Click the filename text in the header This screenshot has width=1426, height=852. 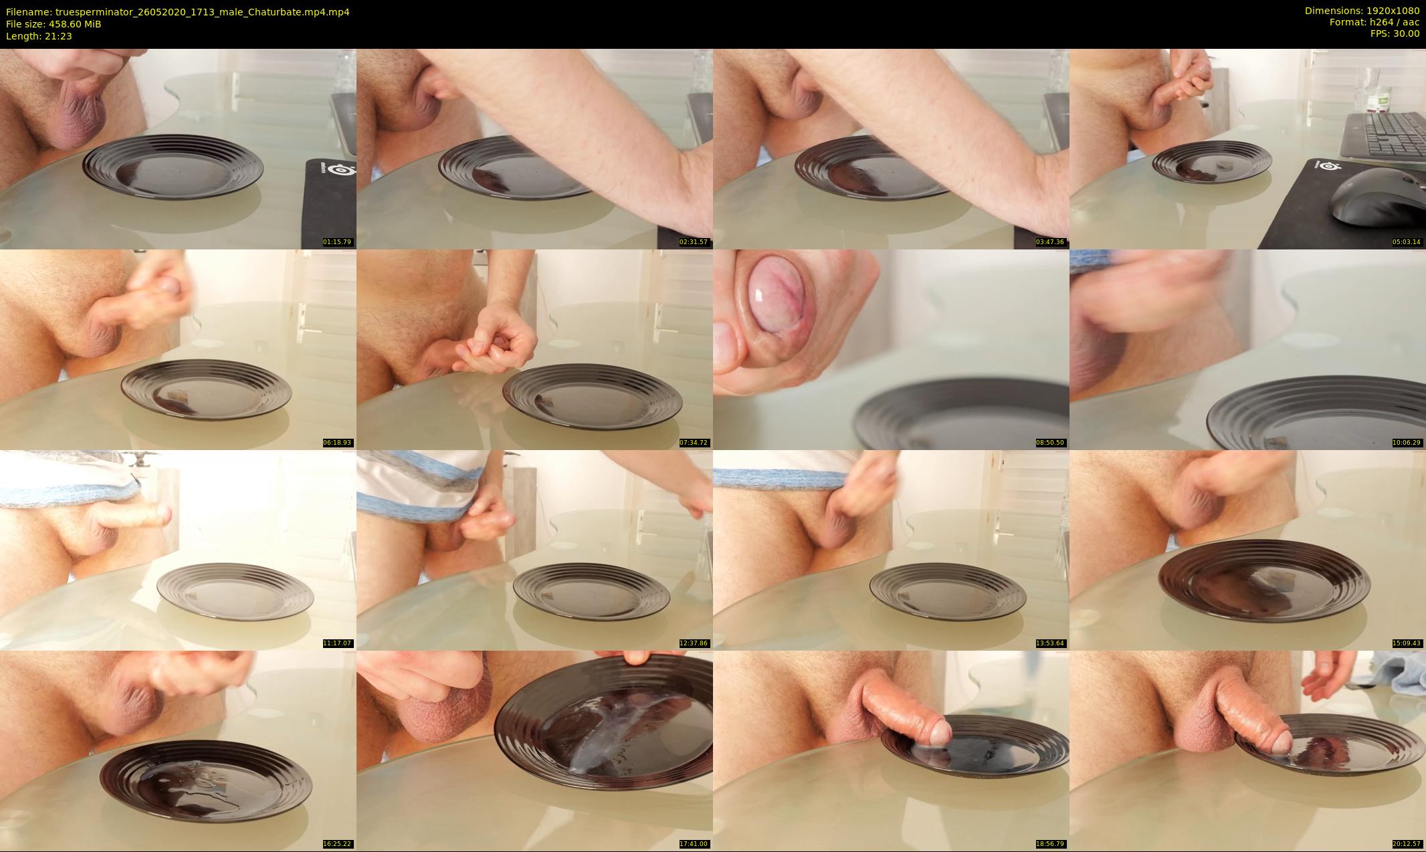[x=177, y=12]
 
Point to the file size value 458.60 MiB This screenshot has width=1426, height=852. [x=74, y=24]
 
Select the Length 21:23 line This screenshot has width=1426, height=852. [x=39, y=36]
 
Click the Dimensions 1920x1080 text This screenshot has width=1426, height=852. [x=1362, y=11]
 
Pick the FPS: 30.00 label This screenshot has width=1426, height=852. [x=1395, y=33]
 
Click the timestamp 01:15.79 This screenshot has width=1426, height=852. [x=337, y=242]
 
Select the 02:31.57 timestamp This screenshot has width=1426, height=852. [x=694, y=242]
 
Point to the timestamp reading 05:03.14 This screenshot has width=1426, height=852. [x=1407, y=242]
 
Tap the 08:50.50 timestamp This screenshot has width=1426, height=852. [x=1050, y=443]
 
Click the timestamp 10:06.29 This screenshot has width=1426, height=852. [x=1407, y=443]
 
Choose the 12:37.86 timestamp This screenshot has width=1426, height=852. [x=694, y=643]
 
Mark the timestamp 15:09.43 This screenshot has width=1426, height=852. [x=1407, y=643]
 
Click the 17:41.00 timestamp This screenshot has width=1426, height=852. [x=694, y=844]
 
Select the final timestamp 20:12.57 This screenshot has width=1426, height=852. [x=1407, y=844]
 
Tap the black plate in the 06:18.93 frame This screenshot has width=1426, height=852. [x=207, y=392]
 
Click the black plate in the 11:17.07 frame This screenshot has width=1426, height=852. [x=235, y=593]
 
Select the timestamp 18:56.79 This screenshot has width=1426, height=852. [x=1050, y=844]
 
